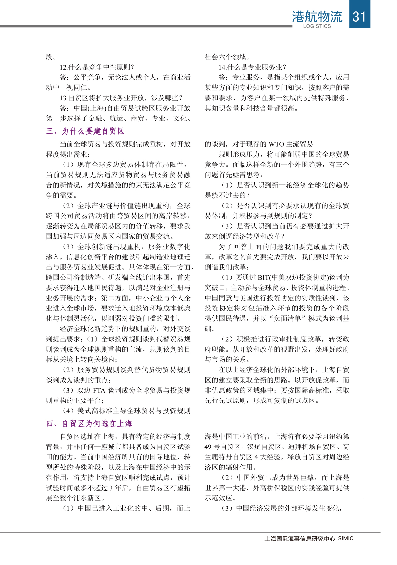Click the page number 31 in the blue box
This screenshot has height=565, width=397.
(x=360, y=16)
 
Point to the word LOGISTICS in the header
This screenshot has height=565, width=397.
(x=317, y=26)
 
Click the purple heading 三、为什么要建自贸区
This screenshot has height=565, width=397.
(x=85, y=131)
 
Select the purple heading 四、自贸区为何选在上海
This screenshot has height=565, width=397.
(x=89, y=424)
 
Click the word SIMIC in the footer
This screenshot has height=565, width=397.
(x=346, y=539)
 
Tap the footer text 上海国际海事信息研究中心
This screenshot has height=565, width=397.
(x=300, y=539)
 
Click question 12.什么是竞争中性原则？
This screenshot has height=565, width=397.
(x=97, y=67)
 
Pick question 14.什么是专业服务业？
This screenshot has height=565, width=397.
(x=252, y=67)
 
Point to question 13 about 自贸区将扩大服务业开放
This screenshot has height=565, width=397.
(x=121, y=98)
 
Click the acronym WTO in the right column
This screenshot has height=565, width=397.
(x=276, y=144)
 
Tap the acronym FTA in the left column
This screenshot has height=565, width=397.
(x=99, y=391)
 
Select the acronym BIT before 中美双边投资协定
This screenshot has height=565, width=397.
(x=263, y=277)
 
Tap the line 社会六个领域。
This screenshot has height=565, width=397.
(x=228, y=57)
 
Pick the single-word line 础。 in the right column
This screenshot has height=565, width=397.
(x=210, y=329)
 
